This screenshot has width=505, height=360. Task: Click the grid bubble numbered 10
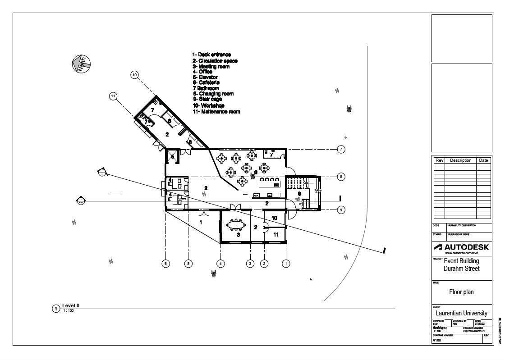point(134,75)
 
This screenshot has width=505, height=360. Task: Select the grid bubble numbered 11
point(113,96)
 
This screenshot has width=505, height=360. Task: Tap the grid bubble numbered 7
point(341,149)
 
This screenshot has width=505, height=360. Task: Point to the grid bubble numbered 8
point(341,177)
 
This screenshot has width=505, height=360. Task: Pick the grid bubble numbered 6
point(166,264)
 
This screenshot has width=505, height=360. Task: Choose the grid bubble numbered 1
point(286,264)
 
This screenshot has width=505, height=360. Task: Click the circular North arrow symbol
point(82,64)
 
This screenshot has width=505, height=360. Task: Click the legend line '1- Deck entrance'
point(211,55)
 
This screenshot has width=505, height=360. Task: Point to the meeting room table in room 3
point(236,224)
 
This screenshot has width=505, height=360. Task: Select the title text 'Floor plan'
point(461,292)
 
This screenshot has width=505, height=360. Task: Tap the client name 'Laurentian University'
point(461,313)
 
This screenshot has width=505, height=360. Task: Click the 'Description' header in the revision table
point(460,160)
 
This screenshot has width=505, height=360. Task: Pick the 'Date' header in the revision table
point(483,160)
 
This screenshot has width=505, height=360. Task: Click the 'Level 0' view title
point(71,305)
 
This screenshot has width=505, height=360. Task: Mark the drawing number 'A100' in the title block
point(437,341)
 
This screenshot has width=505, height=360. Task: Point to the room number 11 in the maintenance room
point(275,235)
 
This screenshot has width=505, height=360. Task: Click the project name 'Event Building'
point(461,261)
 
